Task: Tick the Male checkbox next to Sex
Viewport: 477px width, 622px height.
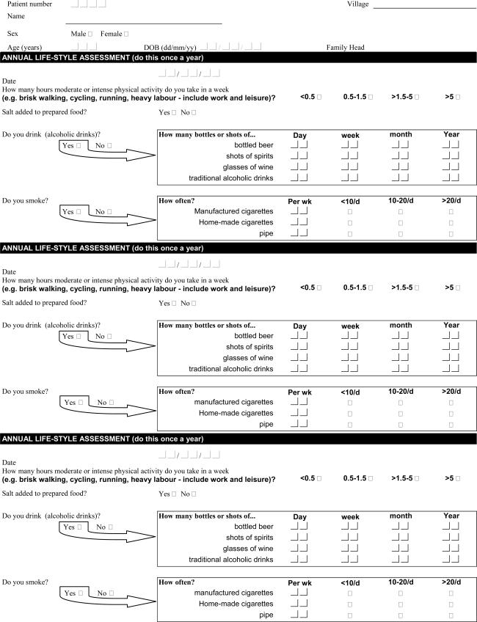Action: tap(90, 34)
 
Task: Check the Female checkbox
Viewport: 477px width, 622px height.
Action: tap(126, 34)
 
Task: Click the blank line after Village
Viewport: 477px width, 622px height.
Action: tap(424, 7)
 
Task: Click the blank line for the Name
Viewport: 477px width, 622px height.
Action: tap(143, 22)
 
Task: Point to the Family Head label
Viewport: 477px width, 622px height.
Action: tap(345, 47)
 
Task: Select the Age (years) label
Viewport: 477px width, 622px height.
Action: tap(26, 47)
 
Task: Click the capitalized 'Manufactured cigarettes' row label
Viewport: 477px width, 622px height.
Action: tap(234, 211)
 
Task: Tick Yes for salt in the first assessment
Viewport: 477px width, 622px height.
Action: tap(174, 112)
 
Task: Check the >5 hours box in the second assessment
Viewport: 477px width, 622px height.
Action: tap(459, 288)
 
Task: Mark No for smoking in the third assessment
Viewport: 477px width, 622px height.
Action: tap(110, 593)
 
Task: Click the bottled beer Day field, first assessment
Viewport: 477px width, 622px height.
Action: tap(299, 144)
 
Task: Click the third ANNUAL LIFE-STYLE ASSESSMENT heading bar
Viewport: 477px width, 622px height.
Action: tap(238, 439)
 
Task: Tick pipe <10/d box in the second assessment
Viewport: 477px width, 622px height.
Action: tap(349, 424)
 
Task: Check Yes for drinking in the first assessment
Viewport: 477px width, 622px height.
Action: tap(79, 146)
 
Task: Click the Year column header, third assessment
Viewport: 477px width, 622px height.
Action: tap(451, 516)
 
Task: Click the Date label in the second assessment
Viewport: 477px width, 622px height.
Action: tap(10, 271)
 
